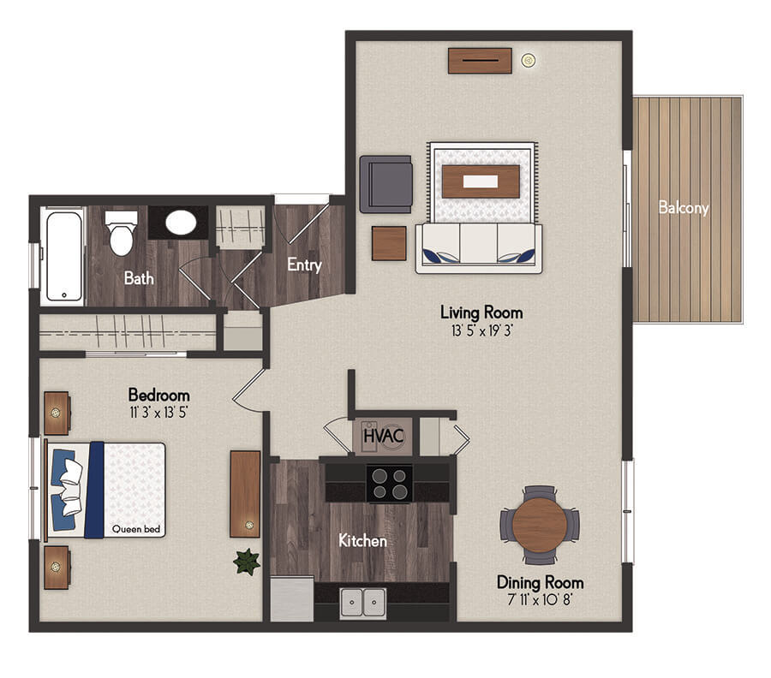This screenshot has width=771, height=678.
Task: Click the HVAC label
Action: click(x=384, y=436)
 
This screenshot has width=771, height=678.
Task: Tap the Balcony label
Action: click(x=684, y=208)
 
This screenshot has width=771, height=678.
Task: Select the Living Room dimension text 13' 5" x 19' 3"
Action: click(x=481, y=330)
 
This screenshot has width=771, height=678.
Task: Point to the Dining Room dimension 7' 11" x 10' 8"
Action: click(x=540, y=599)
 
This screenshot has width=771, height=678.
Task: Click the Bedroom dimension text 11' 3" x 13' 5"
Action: click(x=158, y=412)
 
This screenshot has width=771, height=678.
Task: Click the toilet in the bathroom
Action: click(x=122, y=233)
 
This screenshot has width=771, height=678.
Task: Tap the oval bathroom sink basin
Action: click(x=181, y=223)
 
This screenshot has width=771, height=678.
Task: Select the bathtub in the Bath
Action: click(x=64, y=256)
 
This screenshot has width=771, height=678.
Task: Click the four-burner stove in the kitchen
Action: click(x=390, y=484)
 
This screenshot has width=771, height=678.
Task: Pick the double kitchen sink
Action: click(x=363, y=603)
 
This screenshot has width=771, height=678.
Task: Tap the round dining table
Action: click(x=540, y=525)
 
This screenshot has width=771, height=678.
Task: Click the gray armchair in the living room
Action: click(x=386, y=184)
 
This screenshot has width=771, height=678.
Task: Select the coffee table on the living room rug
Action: click(x=481, y=181)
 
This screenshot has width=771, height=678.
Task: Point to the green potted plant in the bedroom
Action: click(x=247, y=562)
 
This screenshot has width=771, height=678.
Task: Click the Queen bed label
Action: click(x=136, y=529)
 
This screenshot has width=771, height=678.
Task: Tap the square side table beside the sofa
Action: click(x=389, y=243)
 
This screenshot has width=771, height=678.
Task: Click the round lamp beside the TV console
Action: click(x=529, y=61)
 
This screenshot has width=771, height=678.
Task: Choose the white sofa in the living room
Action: click(x=479, y=248)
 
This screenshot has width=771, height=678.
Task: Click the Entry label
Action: click(x=304, y=265)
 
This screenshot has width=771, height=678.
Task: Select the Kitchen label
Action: click(x=363, y=541)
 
